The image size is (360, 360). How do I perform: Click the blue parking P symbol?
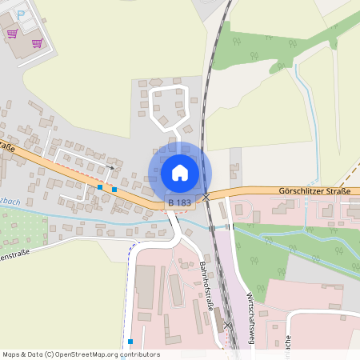[22, 13]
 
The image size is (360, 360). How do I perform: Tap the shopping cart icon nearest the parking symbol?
[12, 33]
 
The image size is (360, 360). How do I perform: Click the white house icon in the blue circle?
[180, 172]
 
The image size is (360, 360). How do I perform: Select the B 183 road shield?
[180, 205]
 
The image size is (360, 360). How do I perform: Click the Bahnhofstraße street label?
[211, 281]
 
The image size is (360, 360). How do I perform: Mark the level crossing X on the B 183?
[206, 196]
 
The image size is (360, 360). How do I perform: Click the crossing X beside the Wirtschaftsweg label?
[228, 325]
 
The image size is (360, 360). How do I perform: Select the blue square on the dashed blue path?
[130, 341]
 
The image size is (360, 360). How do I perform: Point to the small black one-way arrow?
[110, 167]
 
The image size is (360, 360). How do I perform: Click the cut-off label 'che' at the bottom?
[286, 339]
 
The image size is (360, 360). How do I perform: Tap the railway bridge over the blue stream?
[212, 227]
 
